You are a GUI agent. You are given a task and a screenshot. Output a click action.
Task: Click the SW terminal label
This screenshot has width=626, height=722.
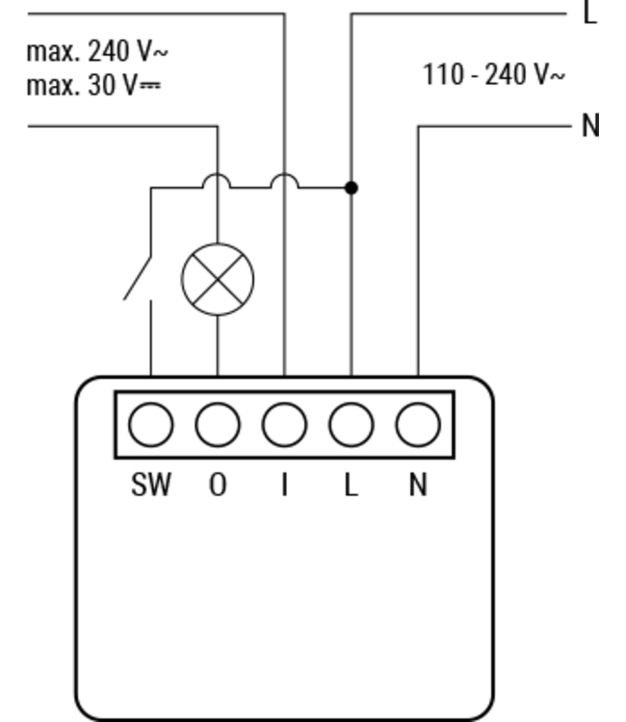[151, 484]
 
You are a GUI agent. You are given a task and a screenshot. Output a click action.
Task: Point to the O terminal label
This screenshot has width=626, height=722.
[218, 484]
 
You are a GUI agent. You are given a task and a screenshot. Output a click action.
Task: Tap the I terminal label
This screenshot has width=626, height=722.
[285, 484]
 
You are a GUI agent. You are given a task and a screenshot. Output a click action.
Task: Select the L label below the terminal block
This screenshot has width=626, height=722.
[352, 484]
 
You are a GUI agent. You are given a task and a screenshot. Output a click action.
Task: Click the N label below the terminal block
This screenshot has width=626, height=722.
[418, 484]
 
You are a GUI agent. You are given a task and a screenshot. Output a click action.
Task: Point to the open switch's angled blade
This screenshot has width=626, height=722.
[138, 278]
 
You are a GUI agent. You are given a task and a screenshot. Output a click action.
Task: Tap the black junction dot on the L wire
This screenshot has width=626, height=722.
[352, 188]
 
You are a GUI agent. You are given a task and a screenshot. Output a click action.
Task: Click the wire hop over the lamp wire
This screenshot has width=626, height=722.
[217, 175]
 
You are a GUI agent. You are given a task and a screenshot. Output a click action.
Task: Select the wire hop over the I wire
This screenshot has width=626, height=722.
[284, 175]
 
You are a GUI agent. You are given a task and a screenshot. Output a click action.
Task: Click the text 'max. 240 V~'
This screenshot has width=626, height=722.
[97, 51]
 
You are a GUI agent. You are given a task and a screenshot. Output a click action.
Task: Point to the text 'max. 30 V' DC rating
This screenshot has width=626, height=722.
[93, 85]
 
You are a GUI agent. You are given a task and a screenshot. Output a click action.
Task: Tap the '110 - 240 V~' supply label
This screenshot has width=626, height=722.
[493, 74]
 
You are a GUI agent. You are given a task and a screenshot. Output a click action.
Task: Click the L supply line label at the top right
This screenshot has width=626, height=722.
[590, 13]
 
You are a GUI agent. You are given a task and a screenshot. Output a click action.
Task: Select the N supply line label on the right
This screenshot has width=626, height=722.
[591, 125]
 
